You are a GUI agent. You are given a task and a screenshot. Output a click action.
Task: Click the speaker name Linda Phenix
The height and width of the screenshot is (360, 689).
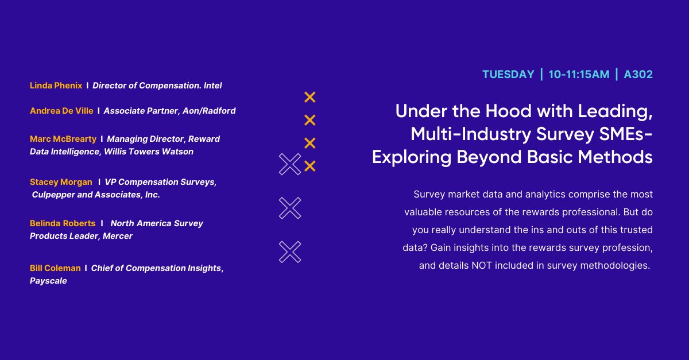[56, 86]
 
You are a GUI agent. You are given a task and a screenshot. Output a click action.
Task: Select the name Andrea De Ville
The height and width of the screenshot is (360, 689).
[61, 111]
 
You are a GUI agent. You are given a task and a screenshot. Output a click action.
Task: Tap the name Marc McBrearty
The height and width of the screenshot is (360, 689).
[63, 139]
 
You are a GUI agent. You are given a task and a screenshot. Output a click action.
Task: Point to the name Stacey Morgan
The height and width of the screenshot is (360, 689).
[61, 182]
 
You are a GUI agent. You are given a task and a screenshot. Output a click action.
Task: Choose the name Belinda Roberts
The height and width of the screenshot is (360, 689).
[63, 223]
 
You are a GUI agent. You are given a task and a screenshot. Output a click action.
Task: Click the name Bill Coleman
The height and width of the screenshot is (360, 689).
[55, 268]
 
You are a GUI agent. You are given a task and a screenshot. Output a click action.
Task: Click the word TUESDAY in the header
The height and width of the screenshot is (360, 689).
[508, 75]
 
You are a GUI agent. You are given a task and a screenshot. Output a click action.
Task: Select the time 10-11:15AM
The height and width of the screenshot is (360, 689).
[578, 75]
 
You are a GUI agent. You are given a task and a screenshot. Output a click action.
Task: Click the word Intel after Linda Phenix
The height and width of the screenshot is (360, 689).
[212, 86]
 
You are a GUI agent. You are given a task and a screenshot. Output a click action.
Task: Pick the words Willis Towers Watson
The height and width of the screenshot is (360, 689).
[149, 152]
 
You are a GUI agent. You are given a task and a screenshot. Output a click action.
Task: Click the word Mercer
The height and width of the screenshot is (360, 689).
[118, 236]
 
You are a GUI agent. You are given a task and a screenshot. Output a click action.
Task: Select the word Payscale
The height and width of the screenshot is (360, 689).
[48, 281]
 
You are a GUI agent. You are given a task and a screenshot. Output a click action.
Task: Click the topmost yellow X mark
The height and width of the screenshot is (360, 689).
[309, 97]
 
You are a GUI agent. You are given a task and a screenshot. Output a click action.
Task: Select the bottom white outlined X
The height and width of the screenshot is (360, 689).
[290, 252]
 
